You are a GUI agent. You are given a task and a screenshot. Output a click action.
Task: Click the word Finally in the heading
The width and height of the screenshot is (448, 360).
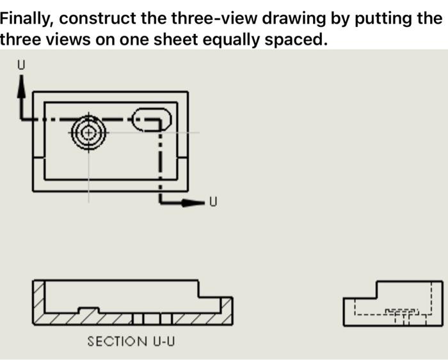point(26,17)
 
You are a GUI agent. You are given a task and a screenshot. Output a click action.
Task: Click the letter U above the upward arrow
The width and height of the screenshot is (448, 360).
point(22,65)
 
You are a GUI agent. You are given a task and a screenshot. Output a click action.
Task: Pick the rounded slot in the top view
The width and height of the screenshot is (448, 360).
point(152,119)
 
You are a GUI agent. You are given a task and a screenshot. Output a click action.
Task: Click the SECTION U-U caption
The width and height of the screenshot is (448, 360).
point(131,341)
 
